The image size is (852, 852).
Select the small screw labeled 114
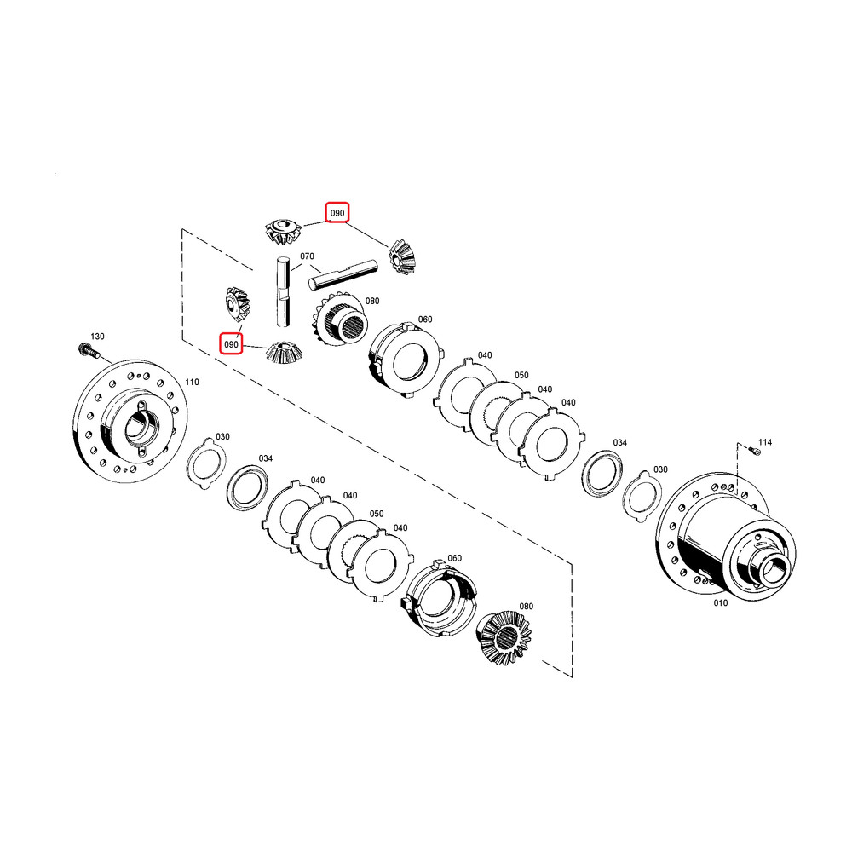[755, 451]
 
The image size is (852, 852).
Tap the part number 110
[192, 382]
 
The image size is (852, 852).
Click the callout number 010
[721, 602]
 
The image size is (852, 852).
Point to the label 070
[307, 256]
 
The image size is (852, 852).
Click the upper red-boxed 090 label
[337, 213]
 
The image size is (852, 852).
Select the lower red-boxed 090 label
[231, 344]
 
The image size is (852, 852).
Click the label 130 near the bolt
[97, 337]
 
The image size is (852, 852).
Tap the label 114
[765, 441]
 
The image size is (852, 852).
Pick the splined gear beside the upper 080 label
[340, 320]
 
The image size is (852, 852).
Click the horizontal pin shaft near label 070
[343, 274]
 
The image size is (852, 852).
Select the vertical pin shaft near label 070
[283, 291]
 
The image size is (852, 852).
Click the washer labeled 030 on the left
[206, 463]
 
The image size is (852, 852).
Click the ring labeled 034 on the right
[602, 473]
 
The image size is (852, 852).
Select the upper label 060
[425, 319]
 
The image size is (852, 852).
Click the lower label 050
[377, 514]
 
